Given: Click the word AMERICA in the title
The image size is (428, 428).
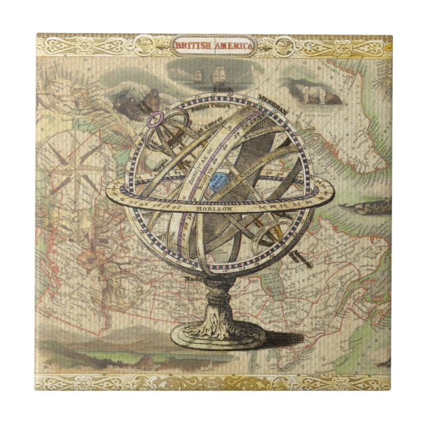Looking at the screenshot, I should [x=232, y=46].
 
